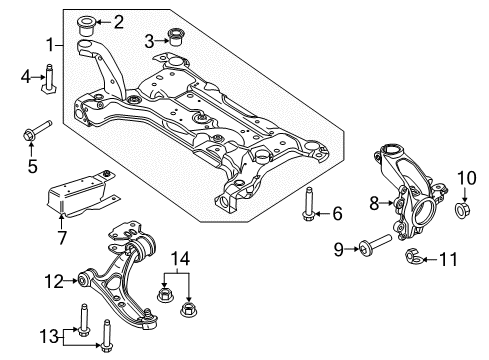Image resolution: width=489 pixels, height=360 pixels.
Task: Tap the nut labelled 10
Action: pos(462,213)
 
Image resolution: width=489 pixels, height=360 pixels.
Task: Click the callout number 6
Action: pos(337,212)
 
